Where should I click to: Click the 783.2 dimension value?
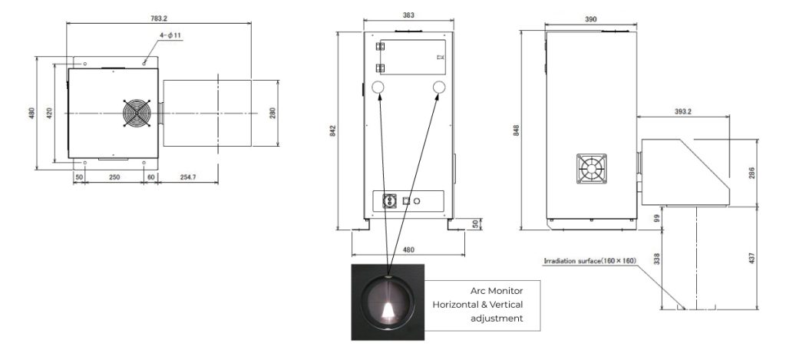click(158, 18)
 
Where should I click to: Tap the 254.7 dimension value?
click(188, 177)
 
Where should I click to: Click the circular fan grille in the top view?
click(137, 114)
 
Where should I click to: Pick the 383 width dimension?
click(408, 15)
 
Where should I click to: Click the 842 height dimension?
click(332, 130)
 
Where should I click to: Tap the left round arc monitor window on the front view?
click(378, 88)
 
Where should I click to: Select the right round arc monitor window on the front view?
click(439, 88)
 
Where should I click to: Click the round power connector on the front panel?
click(389, 200)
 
